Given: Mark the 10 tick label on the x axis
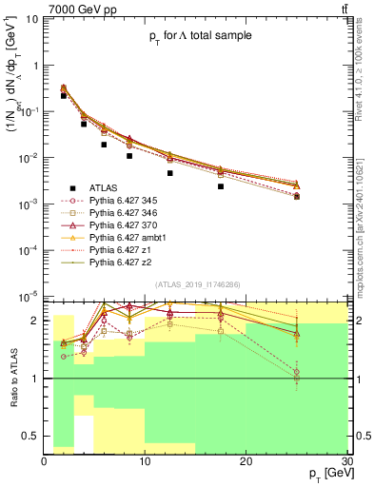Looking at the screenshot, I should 145,460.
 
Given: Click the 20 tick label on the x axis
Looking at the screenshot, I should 246,460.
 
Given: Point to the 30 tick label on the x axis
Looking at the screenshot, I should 346,460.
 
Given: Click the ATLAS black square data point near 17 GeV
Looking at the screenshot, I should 221,186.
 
